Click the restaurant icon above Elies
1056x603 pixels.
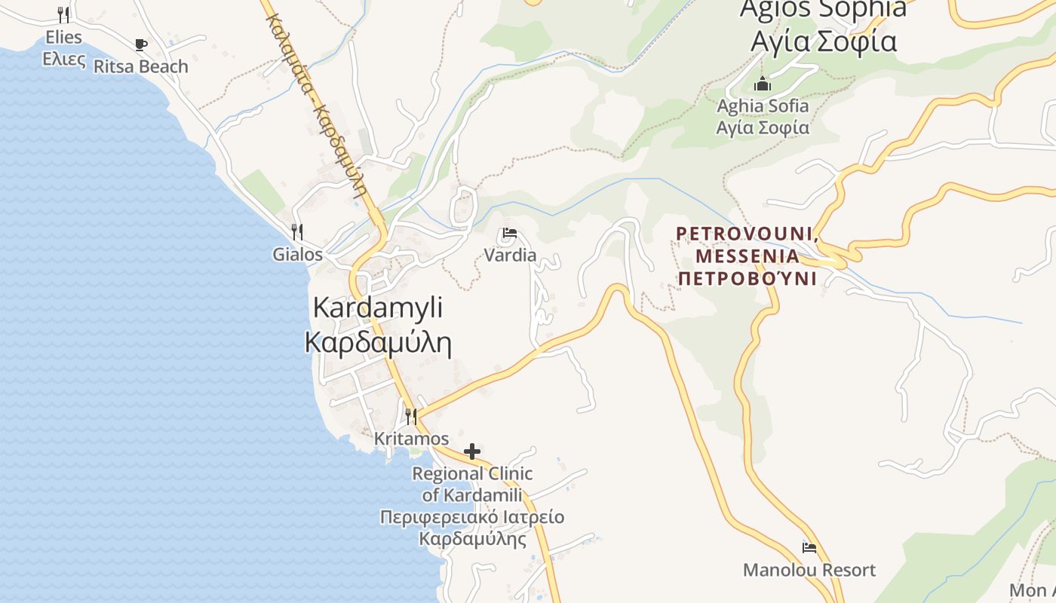click(x=63, y=14)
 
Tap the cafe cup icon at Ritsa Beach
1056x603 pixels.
click(x=140, y=45)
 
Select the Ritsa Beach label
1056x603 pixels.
click(x=140, y=66)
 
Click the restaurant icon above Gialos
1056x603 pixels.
click(x=297, y=231)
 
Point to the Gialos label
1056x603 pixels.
click(x=297, y=254)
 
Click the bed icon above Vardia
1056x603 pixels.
click(x=510, y=233)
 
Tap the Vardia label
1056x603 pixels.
click(x=510, y=255)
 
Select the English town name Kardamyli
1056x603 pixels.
click(x=377, y=308)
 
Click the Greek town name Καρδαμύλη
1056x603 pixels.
click(x=378, y=342)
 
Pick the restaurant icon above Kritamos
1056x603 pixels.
click(x=411, y=416)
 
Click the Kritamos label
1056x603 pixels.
click(x=411, y=438)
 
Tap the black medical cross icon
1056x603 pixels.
click(x=472, y=451)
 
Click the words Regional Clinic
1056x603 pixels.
click(x=472, y=473)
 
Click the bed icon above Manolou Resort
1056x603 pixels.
click(x=809, y=548)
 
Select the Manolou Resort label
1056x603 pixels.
click(x=809, y=570)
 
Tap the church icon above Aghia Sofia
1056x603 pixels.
click(x=763, y=84)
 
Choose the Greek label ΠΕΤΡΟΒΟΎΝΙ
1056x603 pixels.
click(x=747, y=279)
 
